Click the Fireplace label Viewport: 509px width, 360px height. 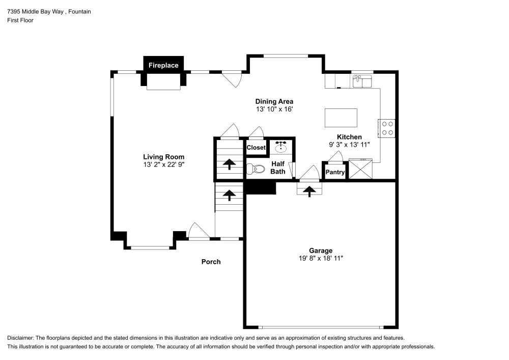[163, 65]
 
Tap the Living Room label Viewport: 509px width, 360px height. [163, 157]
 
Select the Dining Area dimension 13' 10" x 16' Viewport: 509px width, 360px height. [274, 109]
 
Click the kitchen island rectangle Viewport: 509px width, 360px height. [341, 118]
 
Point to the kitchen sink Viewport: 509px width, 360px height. [362, 81]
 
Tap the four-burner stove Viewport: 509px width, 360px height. [386, 128]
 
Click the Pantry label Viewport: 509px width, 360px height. [335, 172]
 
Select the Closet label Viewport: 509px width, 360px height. [256, 147]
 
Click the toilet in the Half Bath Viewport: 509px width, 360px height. [256, 169]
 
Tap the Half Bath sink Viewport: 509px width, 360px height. [281, 147]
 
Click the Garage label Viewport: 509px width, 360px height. [321, 251]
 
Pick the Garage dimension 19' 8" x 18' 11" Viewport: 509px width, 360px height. [321, 258]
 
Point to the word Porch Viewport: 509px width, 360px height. [211, 262]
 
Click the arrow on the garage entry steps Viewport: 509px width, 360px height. [309, 191]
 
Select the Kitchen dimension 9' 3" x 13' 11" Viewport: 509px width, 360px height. [349, 145]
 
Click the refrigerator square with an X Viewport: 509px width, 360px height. [360, 169]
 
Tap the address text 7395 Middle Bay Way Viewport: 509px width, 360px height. [36, 12]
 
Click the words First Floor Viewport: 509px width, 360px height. [20, 20]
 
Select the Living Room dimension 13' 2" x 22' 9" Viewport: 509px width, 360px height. [164, 164]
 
